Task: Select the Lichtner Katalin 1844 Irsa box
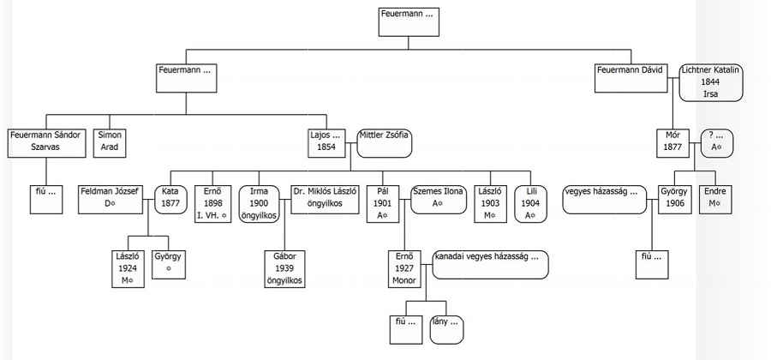(x=710, y=81)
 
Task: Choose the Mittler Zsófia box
(x=385, y=142)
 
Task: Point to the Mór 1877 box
(x=672, y=142)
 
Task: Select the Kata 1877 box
(x=170, y=198)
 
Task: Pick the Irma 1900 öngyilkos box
(x=259, y=202)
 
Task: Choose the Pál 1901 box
(x=383, y=202)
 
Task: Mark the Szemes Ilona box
(x=437, y=198)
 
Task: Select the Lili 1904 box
(x=530, y=202)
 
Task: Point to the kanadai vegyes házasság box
(x=490, y=265)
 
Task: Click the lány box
(x=450, y=329)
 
